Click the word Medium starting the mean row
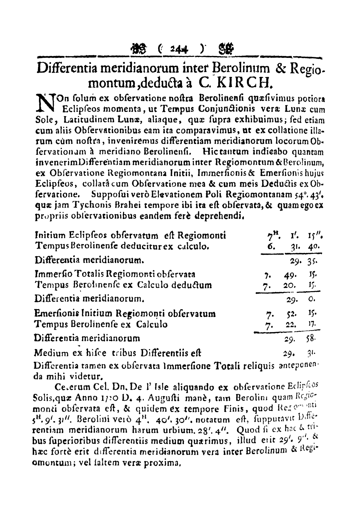52,353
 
